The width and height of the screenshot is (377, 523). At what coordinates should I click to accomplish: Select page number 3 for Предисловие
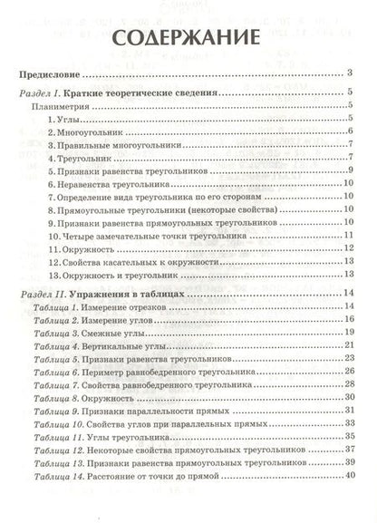click(349, 73)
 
